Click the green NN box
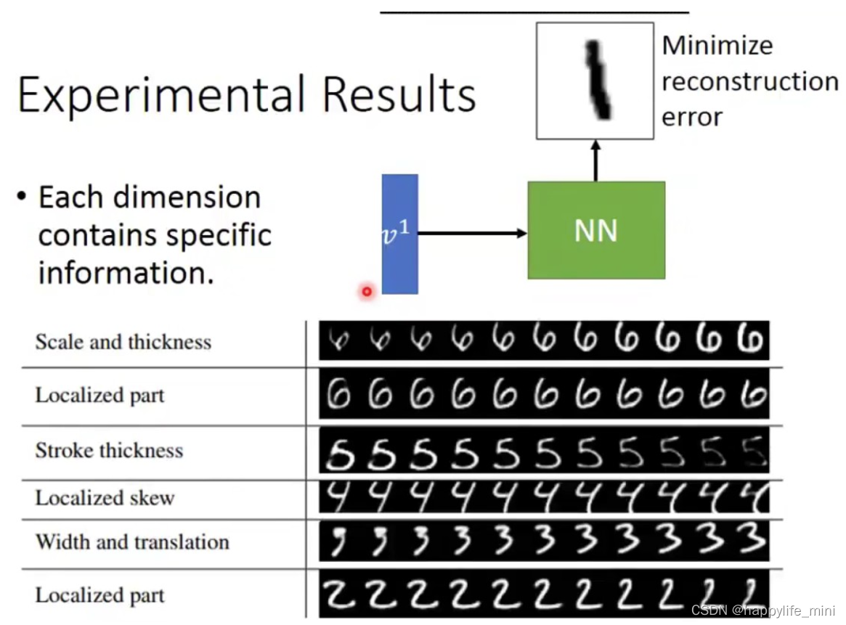596,230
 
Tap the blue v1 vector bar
399,234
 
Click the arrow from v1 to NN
472,233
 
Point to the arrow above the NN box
596,160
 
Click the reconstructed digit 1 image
595,81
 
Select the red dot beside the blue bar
367,292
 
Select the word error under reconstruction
691,117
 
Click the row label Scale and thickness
123,342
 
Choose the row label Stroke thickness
109,450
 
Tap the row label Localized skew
105,498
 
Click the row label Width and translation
132,542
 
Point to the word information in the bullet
126,274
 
